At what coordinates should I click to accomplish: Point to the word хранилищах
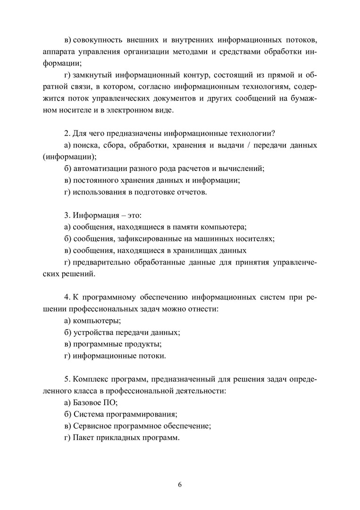click(x=191, y=250)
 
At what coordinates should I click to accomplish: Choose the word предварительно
click(x=101, y=262)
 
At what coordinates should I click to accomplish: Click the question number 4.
click(x=66, y=297)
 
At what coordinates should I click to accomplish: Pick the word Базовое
click(x=87, y=403)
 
